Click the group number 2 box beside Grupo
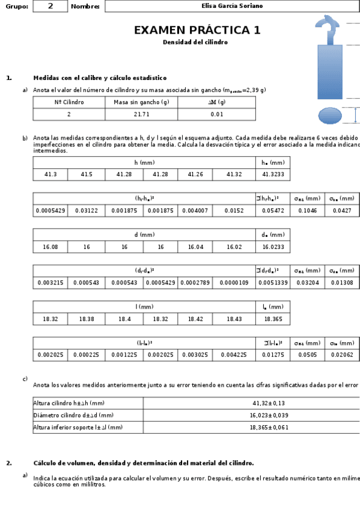pyautogui.click(x=50, y=6)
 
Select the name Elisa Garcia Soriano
pyautogui.click(x=232, y=6)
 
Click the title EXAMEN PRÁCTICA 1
pyautogui.click(x=197, y=31)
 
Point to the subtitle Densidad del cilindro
pyautogui.click(x=195, y=43)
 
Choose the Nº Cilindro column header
pyautogui.click(x=69, y=102)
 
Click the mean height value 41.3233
pyautogui.click(x=273, y=174)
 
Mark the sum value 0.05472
pyautogui.click(x=273, y=210)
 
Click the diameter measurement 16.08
pyautogui.click(x=50, y=247)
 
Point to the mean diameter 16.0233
pyautogui.click(x=273, y=247)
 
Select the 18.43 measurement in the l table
pyautogui.click(x=234, y=319)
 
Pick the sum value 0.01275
pyautogui.click(x=273, y=355)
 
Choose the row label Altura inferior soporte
pyautogui.click(x=78, y=427)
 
